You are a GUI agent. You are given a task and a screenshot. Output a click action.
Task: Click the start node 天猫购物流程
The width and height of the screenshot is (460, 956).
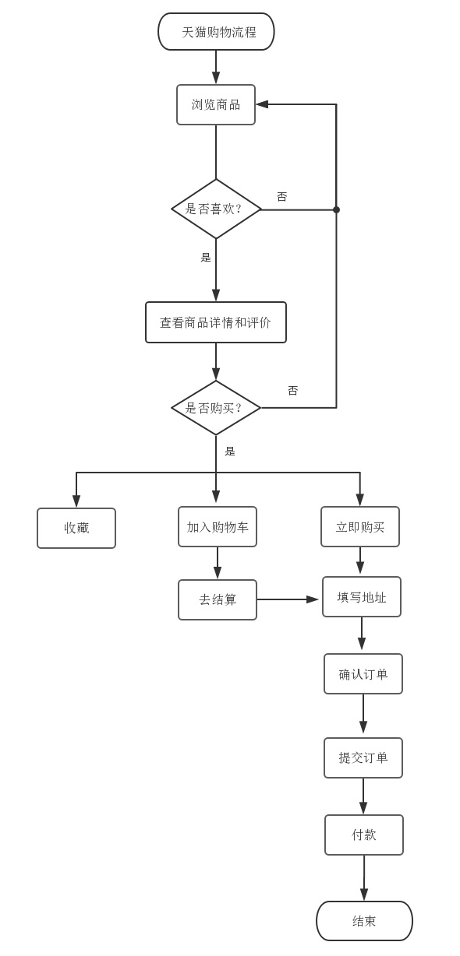point(216,32)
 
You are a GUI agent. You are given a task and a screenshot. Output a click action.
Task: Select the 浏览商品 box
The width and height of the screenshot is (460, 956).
point(216,104)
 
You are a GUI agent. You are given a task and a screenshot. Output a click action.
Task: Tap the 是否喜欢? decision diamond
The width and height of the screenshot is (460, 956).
point(216,209)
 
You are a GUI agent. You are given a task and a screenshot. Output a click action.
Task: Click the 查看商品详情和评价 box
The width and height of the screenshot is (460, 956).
point(216,322)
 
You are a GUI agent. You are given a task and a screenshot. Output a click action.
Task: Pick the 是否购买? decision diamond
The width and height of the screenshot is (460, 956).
point(216,408)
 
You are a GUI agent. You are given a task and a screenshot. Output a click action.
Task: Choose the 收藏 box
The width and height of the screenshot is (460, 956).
point(76,528)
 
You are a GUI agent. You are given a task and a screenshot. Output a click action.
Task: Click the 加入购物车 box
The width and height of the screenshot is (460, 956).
point(218,527)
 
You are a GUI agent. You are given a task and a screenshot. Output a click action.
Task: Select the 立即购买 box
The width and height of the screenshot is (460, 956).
point(360,527)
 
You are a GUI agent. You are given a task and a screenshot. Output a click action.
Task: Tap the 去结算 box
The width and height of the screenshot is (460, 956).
point(218,599)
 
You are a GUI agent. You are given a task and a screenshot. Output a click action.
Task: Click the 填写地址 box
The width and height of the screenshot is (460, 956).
point(362,597)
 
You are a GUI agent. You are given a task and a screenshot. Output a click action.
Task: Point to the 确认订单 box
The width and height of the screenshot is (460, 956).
point(363,674)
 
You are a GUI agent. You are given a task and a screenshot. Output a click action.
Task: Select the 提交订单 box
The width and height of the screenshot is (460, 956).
point(363,757)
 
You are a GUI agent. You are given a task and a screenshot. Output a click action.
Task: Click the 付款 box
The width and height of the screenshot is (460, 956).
point(364,835)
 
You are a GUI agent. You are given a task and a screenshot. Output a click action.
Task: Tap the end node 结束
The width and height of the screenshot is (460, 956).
point(364,921)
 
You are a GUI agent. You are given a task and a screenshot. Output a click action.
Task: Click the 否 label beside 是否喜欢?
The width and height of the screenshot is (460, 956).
point(282,197)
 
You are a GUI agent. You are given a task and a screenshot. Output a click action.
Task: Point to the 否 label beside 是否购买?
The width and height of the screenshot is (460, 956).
point(293,391)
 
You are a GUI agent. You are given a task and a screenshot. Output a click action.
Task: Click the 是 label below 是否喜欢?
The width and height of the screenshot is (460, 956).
point(206,258)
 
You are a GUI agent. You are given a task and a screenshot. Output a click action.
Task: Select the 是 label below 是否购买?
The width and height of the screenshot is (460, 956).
point(230,452)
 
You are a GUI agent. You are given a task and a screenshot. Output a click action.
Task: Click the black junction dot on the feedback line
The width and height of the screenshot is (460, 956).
point(336,209)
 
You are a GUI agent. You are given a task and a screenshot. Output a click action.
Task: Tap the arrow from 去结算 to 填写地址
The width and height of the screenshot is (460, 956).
point(288,599)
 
